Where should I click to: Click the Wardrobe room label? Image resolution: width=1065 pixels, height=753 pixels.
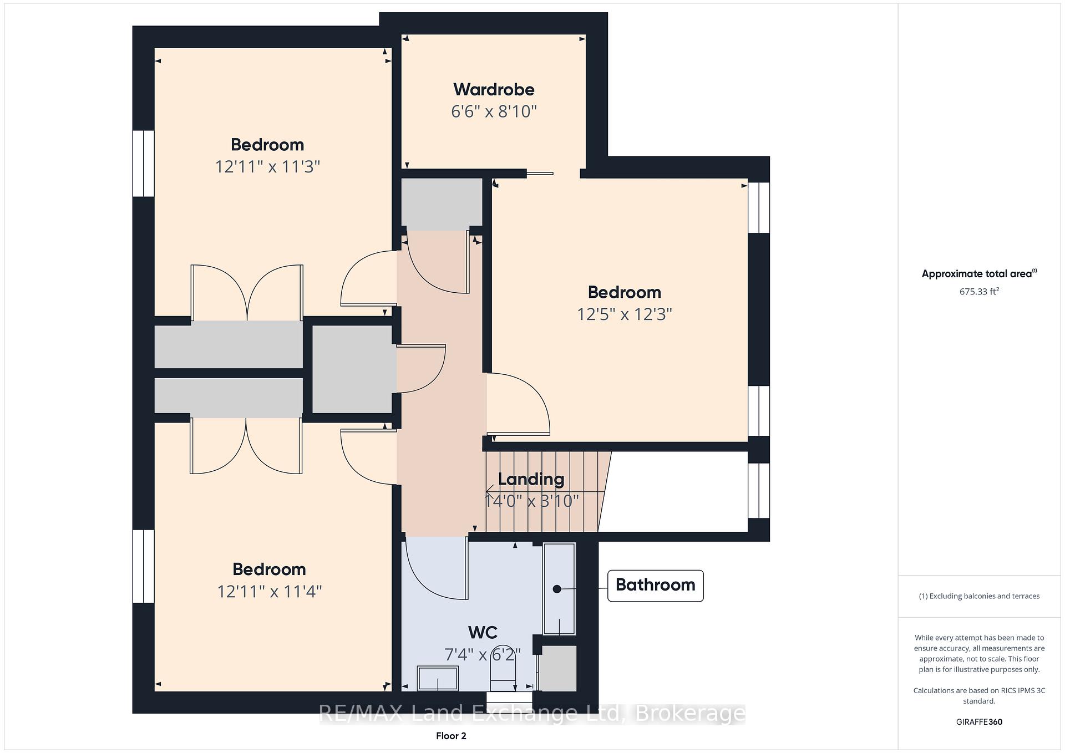[x=494, y=89]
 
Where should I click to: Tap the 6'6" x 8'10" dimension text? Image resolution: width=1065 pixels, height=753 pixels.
[x=494, y=111]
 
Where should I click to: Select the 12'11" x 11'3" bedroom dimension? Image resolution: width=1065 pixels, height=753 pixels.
[x=268, y=166]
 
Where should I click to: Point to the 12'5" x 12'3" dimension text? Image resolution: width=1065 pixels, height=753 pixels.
[x=625, y=314]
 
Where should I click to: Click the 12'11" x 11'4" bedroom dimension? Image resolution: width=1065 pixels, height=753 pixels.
[x=270, y=592]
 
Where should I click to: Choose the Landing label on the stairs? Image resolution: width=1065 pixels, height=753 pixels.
[x=531, y=479]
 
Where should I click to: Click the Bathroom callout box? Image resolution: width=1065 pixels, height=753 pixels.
[x=656, y=586]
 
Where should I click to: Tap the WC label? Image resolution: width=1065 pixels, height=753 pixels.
[x=483, y=632]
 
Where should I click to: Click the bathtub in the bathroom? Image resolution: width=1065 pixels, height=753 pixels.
[x=559, y=589]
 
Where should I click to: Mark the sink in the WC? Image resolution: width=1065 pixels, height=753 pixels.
[x=438, y=678]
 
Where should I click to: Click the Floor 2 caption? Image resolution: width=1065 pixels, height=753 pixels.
[x=451, y=736]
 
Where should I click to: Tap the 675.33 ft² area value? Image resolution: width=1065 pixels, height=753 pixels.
[x=979, y=291]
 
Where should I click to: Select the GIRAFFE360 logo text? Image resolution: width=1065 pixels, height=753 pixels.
[x=979, y=722]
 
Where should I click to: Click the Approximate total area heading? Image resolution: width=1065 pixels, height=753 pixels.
[x=979, y=273]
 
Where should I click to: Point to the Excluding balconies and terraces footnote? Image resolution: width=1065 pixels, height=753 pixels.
[x=979, y=596]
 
